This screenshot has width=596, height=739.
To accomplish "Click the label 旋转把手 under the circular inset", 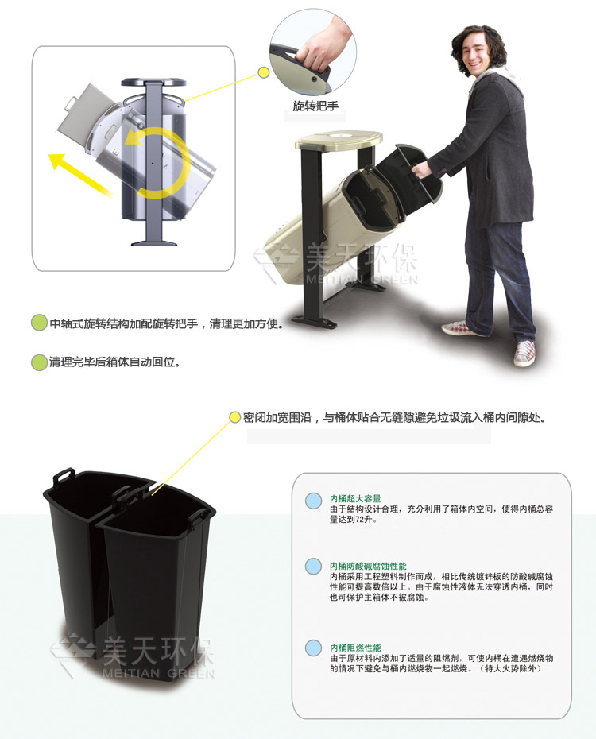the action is point(315,106).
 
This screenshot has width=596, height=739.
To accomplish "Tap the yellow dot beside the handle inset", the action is point(264,72).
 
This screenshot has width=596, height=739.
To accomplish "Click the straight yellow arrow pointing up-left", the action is point(80,174).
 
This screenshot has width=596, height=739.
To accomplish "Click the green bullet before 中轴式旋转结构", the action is point(39,323).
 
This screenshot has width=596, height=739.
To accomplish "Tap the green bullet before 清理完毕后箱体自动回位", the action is point(39,362).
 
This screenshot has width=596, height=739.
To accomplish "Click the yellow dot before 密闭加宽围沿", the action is point(234,417).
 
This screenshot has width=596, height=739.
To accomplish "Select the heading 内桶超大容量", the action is point(354,498).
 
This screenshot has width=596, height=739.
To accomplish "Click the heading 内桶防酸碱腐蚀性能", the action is point(367,566).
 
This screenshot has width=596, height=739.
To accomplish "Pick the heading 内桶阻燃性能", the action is point(354,648).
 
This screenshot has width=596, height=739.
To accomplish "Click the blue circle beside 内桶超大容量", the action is point(313,501).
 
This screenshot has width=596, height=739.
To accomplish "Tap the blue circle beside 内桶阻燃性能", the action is point(313,648).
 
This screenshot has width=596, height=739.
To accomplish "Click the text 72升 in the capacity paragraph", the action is point(364,520).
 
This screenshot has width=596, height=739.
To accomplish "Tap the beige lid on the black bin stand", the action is point(339,140).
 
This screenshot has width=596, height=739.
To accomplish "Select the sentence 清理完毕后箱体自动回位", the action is point(114,362).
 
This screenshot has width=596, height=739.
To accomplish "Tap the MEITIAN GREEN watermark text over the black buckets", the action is point(158,673).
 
